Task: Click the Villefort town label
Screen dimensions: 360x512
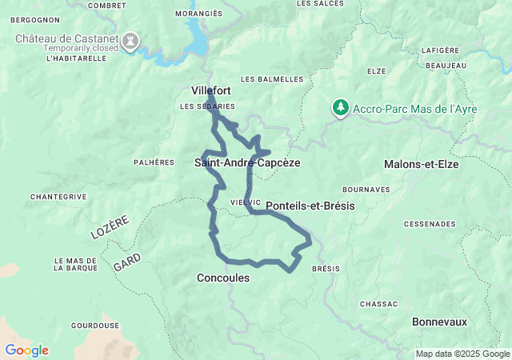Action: tap(211, 90)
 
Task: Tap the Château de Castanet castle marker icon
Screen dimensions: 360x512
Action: tap(130, 39)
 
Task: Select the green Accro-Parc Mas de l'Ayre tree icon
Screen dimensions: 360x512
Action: tap(341, 108)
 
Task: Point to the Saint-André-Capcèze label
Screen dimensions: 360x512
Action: tap(247, 162)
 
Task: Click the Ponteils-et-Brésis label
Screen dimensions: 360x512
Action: tap(310, 206)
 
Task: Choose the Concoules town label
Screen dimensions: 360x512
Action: tap(222, 278)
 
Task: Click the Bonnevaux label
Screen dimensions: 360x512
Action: tap(438, 322)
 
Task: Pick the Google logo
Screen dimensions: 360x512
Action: tap(26, 350)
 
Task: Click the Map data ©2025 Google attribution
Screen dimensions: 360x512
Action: tap(462, 354)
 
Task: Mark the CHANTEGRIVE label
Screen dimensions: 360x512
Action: tap(58, 196)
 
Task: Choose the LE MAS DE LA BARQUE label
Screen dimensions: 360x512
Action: tap(75, 265)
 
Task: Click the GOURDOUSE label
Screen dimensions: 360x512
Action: tap(95, 326)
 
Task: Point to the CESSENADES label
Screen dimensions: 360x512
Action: tap(430, 224)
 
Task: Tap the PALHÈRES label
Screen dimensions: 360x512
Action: tap(154, 162)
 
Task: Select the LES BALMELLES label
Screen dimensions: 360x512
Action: tap(272, 79)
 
